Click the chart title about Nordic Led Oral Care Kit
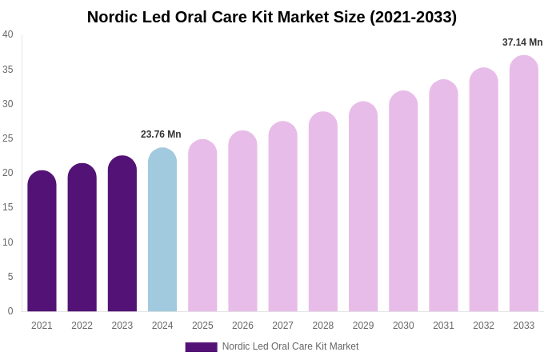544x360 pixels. click(x=272, y=17)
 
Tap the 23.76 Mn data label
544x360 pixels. click(x=161, y=134)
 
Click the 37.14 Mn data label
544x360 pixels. click(x=522, y=42)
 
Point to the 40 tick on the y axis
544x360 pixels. click(x=8, y=34)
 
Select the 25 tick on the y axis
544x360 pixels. click(x=8, y=138)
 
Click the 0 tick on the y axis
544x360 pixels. click(x=10, y=311)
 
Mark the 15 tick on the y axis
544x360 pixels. click(x=8, y=207)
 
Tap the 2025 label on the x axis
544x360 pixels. click(x=202, y=326)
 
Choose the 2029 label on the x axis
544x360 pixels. click(x=363, y=326)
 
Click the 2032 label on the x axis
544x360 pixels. click(x=483, y=326)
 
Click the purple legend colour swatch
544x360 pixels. click(x=201, y=347)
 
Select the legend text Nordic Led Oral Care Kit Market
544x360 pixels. click(x=290, y=346)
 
